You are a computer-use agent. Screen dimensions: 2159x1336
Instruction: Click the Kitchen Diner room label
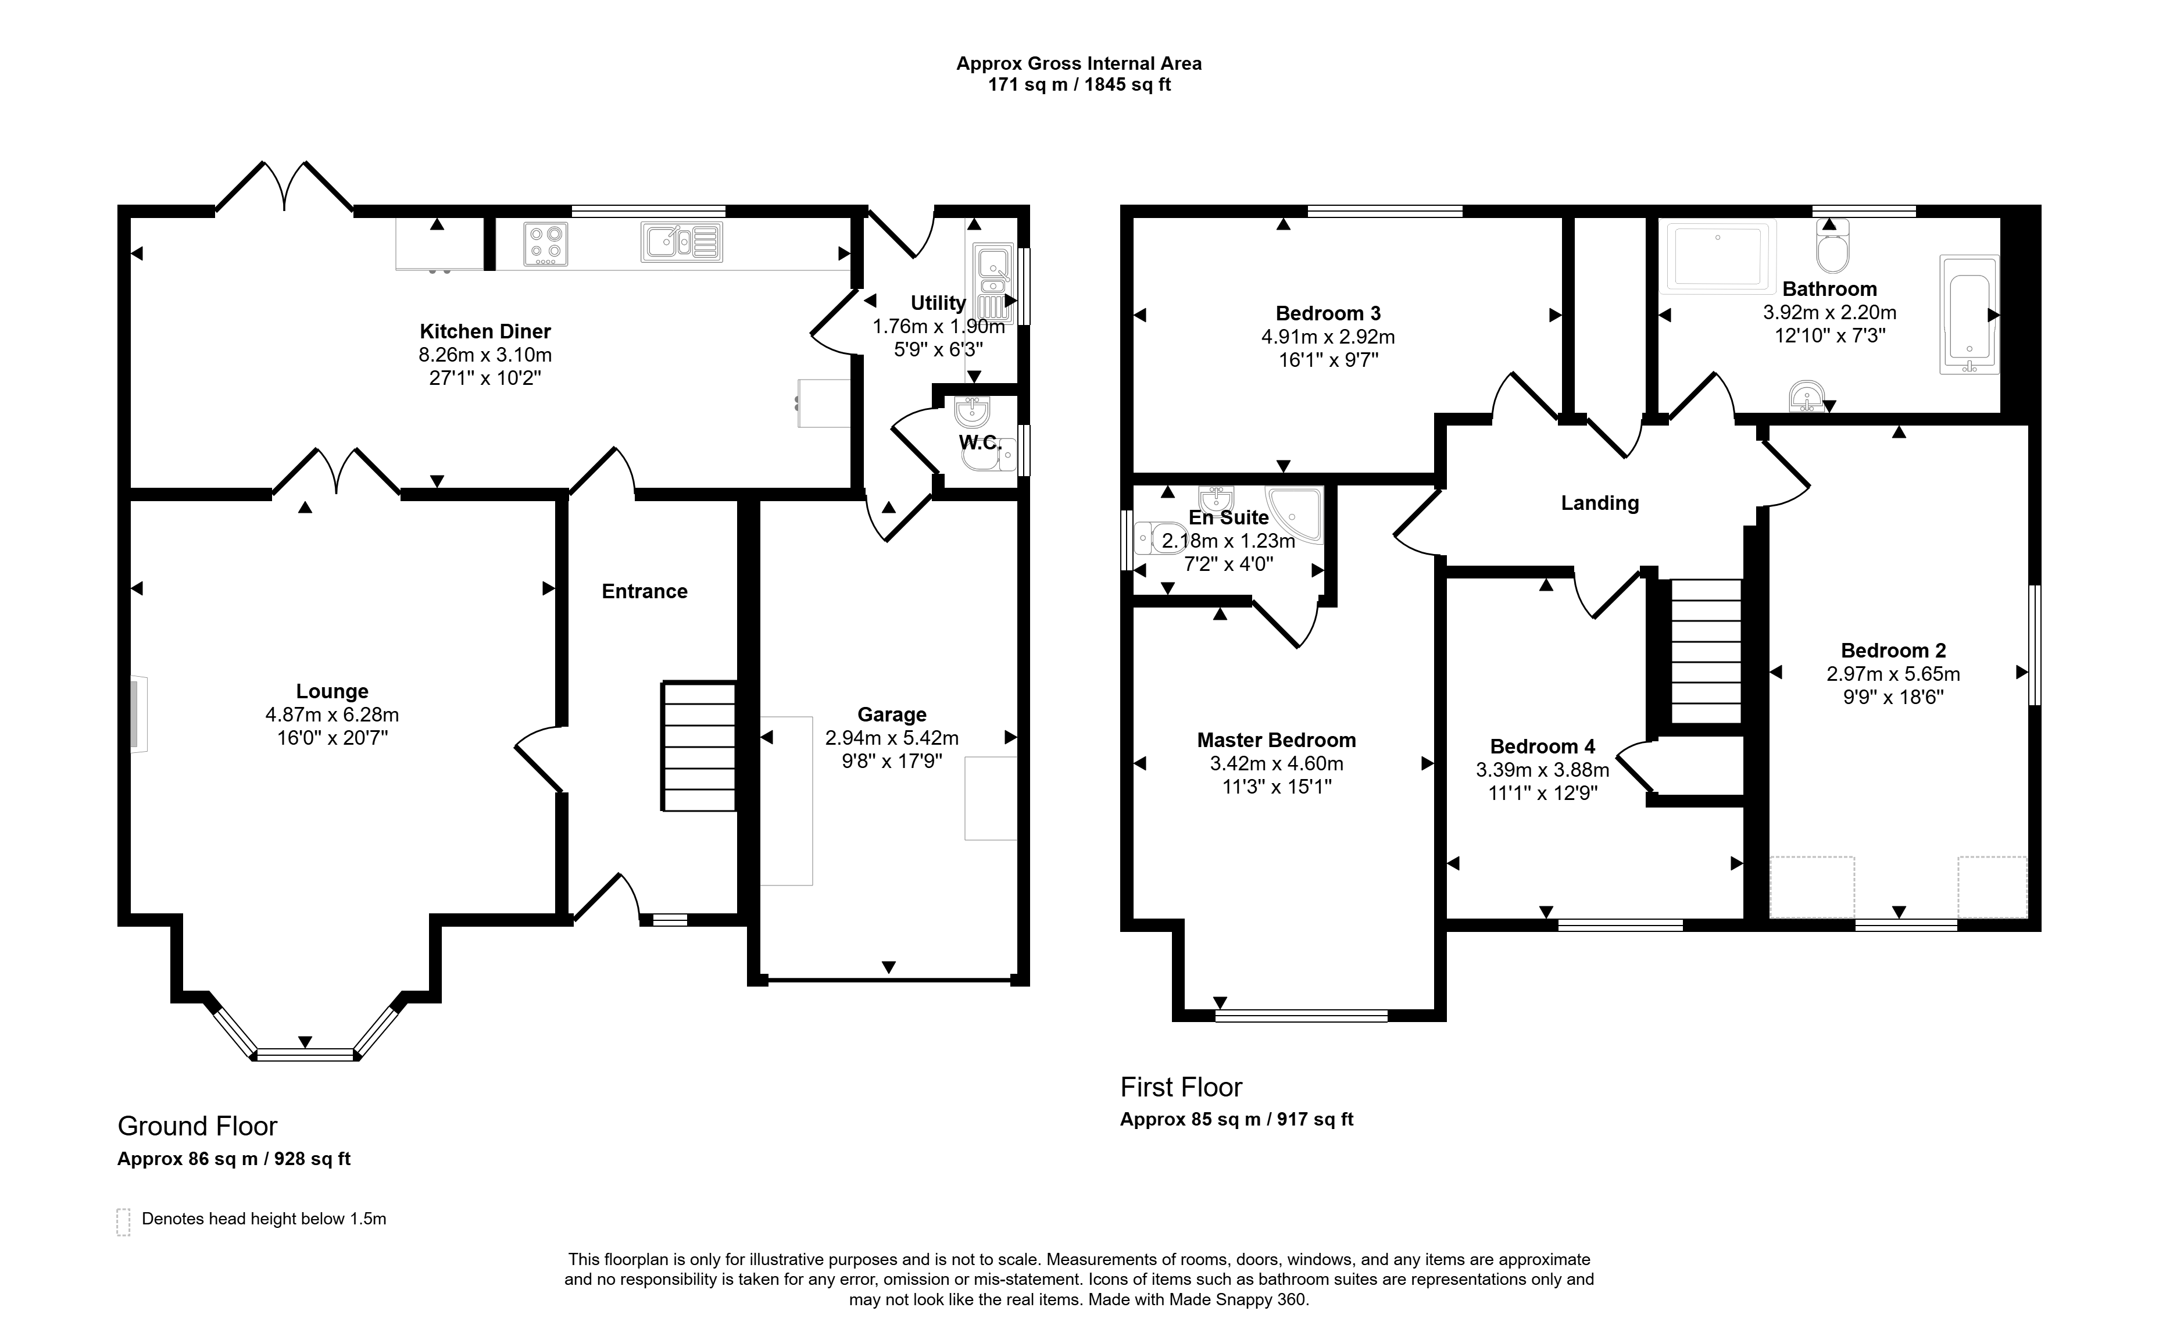click(485, 331)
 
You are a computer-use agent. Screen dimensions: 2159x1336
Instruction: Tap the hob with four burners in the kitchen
click(546, 244)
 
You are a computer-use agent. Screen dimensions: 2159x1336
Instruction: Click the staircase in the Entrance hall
click(699, 746)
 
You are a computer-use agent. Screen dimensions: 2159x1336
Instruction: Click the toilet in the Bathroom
click(1833, 246)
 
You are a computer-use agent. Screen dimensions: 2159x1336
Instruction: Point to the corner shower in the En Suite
click(1294, 513)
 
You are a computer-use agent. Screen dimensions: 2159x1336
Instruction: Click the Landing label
click(1600, 503)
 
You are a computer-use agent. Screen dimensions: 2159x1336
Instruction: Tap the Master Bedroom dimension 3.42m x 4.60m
click(1277, 763)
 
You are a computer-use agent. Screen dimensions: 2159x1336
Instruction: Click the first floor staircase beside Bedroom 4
click(1707, 651)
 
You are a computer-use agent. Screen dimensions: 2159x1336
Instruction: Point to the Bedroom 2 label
click(1893, 651)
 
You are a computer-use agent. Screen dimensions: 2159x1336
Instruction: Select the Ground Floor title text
click(197, 1126)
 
